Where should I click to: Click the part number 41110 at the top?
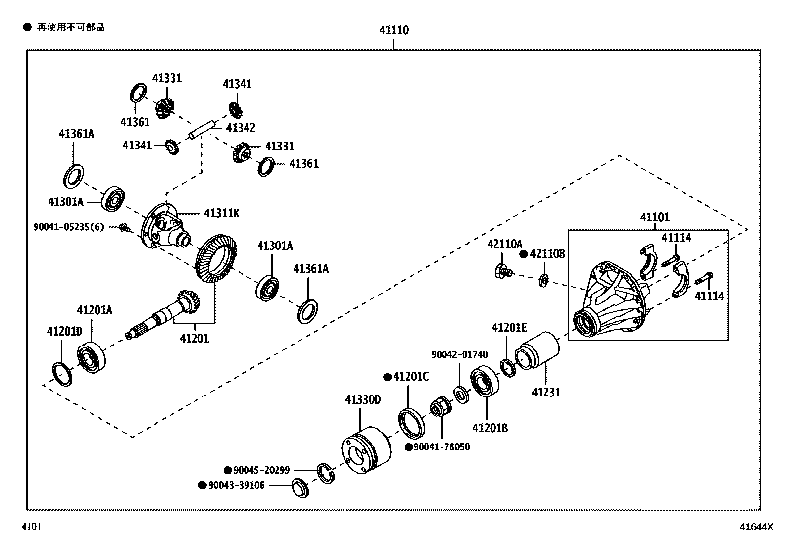tap(394, 31)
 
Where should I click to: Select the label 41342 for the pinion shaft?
tap(241, 128)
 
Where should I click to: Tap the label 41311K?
tap(221, 213)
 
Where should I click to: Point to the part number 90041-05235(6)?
tap(69, 227)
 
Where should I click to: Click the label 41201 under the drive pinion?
tap(194, 339)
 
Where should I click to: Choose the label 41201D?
tap(64, 331)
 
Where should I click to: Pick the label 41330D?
tap(363, 399)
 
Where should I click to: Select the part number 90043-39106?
tap(236, 485)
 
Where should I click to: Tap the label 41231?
tap(546, 393)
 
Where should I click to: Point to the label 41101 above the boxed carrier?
tap(654, 217)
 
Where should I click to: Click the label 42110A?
tap(504, 244)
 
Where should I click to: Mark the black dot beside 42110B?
tap(523, 254)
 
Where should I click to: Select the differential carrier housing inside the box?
tap(611, 302)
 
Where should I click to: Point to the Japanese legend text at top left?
tap(71, 27)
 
